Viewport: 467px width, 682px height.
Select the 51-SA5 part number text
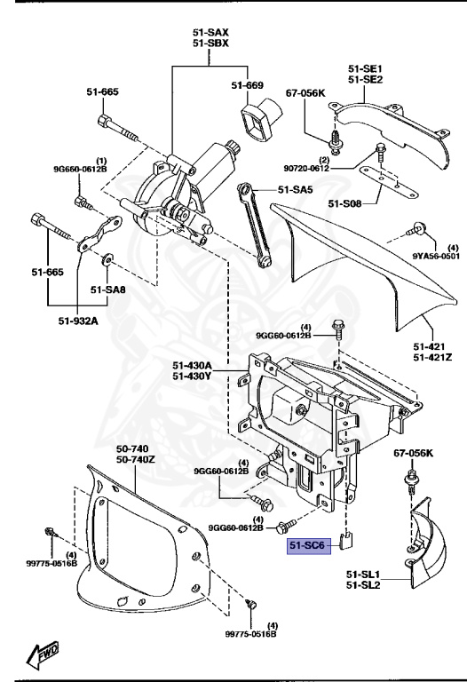click(x=297, y=189)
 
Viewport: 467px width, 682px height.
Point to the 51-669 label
click(x=248, y=85)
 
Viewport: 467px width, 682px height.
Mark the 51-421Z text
click(x=433, y=357)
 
